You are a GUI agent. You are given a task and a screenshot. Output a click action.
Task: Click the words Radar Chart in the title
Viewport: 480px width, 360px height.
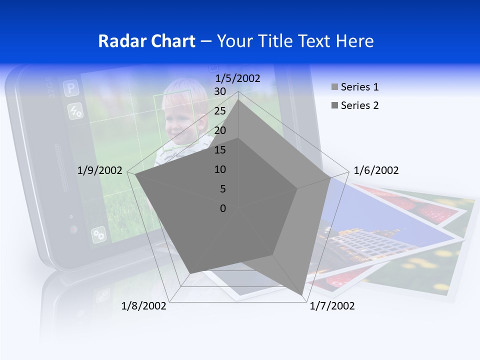[146, 41]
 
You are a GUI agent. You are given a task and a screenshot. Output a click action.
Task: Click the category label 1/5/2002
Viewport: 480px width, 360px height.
[237, 78]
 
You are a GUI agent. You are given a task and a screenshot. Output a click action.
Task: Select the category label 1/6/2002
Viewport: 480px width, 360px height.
[376, 170]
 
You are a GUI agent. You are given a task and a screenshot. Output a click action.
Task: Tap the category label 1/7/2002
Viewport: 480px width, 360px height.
[332, 306]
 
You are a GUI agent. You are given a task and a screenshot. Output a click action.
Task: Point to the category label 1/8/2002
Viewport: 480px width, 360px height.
[143, 306]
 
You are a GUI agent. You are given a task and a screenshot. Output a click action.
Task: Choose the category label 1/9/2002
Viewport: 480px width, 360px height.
[99, 170]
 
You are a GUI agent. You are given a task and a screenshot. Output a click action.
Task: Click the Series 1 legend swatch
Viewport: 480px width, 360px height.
[334, 87]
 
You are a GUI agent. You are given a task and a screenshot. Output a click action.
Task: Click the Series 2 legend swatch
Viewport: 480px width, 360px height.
[334, 105]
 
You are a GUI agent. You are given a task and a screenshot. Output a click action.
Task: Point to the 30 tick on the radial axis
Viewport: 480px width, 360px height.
[219, 91]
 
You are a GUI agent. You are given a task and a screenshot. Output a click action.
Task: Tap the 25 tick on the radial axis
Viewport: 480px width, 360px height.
[219, 111]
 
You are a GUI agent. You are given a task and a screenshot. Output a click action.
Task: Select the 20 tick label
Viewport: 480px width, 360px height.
[219, 130]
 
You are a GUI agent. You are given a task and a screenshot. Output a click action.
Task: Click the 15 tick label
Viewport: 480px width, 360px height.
[219, 150]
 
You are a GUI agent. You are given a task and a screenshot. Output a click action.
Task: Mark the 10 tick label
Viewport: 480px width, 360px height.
[219, 169]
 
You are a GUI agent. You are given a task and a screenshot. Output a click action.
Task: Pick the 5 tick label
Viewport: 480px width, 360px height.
[222, 189]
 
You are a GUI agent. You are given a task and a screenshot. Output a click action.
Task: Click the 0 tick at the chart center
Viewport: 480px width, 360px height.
[223, 208]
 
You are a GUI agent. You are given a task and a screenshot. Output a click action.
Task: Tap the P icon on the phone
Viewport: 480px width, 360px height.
[71, 89]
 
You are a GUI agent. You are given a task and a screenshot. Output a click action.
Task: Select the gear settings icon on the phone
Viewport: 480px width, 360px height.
[98, 234]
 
